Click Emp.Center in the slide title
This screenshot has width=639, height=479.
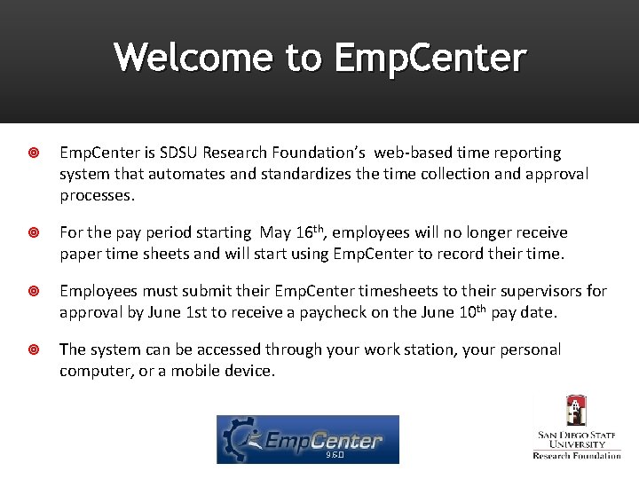pos(430,58)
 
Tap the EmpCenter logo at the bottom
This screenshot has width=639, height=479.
pos(308,439)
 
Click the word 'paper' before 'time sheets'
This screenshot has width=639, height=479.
pos(81,254)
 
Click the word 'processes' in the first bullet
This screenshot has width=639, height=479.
pos(96,195)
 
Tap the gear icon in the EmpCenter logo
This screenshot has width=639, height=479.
pos(240,439)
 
